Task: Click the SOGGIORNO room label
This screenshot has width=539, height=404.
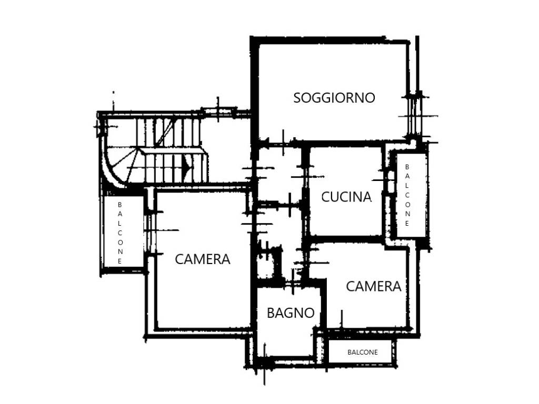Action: pyautogui.click(x=334, y=98)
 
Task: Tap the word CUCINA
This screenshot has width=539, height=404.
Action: pyautogui.click(x=346, y=197)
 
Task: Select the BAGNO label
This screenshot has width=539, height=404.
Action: pyautogui.click(x=291, y=313)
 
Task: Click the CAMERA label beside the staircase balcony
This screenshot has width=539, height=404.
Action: pyautogui.click(x=203, y=259)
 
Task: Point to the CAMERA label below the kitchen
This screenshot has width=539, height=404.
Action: pyautogui.click(x=374, y=286)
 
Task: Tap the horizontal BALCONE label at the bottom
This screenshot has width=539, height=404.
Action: pyautogui.click(x=363, y=352)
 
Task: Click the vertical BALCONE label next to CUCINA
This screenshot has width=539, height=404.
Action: pyautogui.click(x=407, y=195)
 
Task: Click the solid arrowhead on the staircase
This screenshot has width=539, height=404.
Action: pyautogui.click(x=188, y=167)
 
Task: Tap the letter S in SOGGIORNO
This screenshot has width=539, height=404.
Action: pyautogui.click(x=297, y=98)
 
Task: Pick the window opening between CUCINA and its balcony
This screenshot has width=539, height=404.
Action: pyautogui.click(x=390, y=181)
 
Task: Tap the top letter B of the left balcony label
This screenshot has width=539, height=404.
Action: pyautogui.click(x=120, y=204)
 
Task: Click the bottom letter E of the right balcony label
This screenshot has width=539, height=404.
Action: pyautogui.click(x=407, y=223)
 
